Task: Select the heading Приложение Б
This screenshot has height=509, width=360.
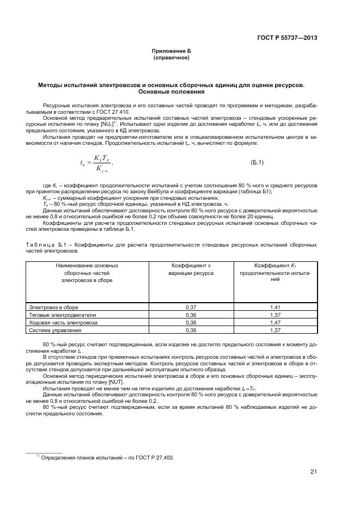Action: tap(172, 51)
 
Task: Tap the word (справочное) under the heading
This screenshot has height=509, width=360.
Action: tap(172, 57)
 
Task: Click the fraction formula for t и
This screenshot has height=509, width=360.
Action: tap(95, 163)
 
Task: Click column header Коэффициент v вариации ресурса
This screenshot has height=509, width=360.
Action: tap(191, 269)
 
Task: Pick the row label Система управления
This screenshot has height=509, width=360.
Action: tap(52, 330)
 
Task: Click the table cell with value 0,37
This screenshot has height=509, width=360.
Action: tap(191, 307)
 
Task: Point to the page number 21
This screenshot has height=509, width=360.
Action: tap(314, 471)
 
